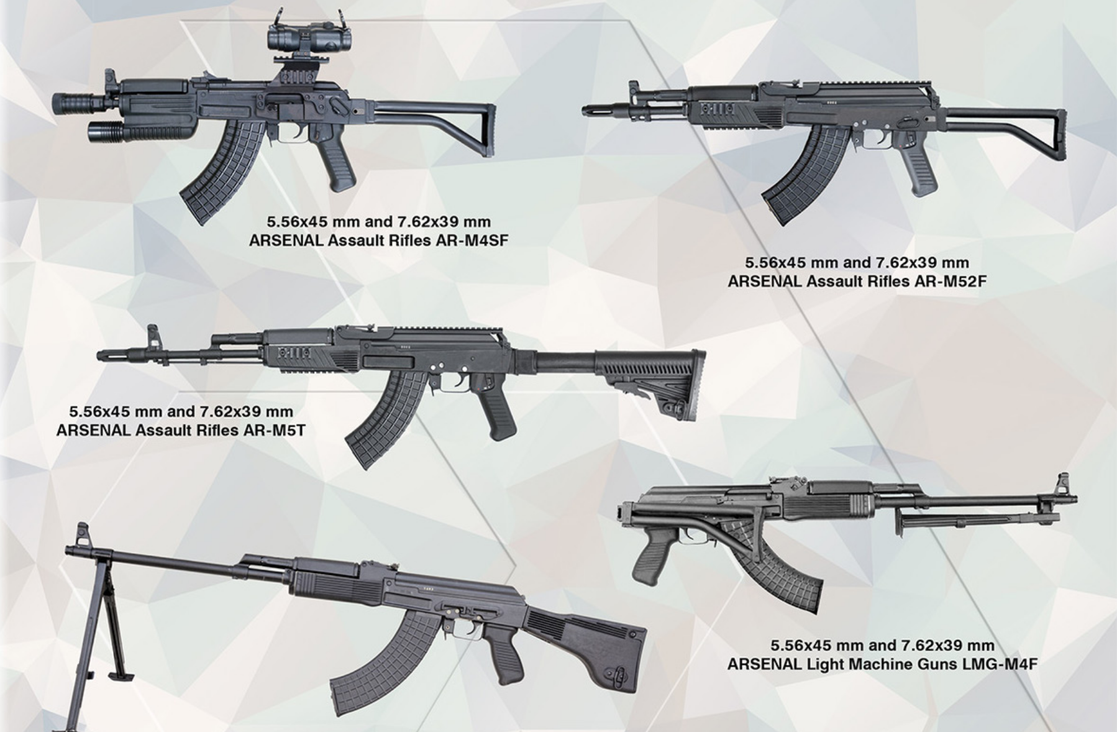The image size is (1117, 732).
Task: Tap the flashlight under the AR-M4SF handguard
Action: click(140, 131)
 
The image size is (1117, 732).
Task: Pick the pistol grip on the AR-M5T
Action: click(491, 406)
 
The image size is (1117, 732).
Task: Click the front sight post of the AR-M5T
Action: click(151, 336)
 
